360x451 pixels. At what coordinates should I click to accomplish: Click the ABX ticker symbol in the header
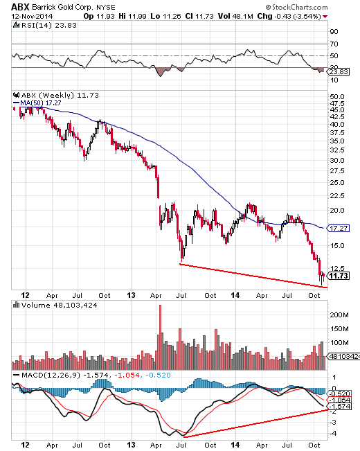point(19,6)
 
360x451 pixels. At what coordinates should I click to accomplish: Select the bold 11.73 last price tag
point(338,276)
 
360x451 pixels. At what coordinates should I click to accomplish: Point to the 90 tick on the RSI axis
point(334,31)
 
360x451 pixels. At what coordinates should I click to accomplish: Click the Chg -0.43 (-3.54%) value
point(296,15)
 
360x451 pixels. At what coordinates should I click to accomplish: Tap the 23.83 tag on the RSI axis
point(337,71)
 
